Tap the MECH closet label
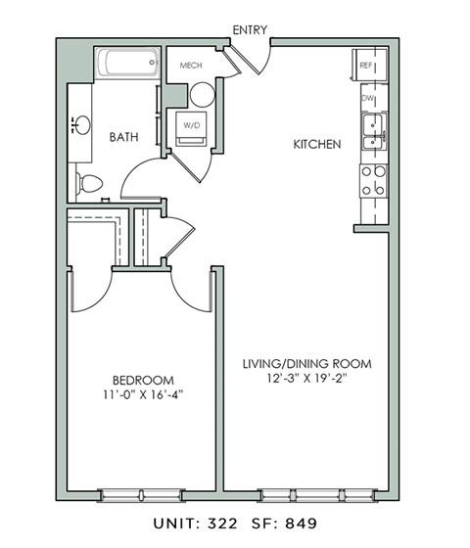coord(190,67)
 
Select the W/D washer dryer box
coord(189,126)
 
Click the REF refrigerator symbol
coord(367,66)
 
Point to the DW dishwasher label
coord(368,99)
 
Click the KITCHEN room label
coord(317,145)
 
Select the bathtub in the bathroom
coord(129,67)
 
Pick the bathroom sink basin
coord(81,124)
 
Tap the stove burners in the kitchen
coord(373,180)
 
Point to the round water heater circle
coord(202,95)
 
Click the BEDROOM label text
coord(142,381)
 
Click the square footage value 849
coord(302,525)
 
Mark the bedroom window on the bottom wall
coord(142,494)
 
